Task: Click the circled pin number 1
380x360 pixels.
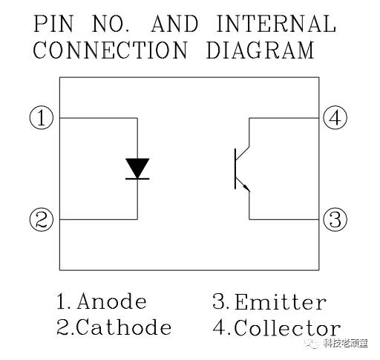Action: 42,118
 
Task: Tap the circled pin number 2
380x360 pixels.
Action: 42,220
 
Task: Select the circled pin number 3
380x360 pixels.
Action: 335,220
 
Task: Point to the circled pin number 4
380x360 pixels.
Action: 335,118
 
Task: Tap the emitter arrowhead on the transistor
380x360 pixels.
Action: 246,188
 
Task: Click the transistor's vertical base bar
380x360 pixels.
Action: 235,169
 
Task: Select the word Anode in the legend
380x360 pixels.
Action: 111,301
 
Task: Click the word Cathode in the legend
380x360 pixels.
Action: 124,327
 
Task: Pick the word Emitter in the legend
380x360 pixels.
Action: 281,301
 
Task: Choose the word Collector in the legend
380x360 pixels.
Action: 287,327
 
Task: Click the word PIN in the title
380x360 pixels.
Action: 53,24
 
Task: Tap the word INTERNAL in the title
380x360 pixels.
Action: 276,24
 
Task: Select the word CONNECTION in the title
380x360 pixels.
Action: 110,50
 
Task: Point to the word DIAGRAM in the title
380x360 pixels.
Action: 261,50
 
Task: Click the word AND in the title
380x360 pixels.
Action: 174,24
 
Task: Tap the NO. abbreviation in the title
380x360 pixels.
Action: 111,24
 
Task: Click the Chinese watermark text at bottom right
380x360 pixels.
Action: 346,344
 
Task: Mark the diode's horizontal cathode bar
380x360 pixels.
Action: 137,179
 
